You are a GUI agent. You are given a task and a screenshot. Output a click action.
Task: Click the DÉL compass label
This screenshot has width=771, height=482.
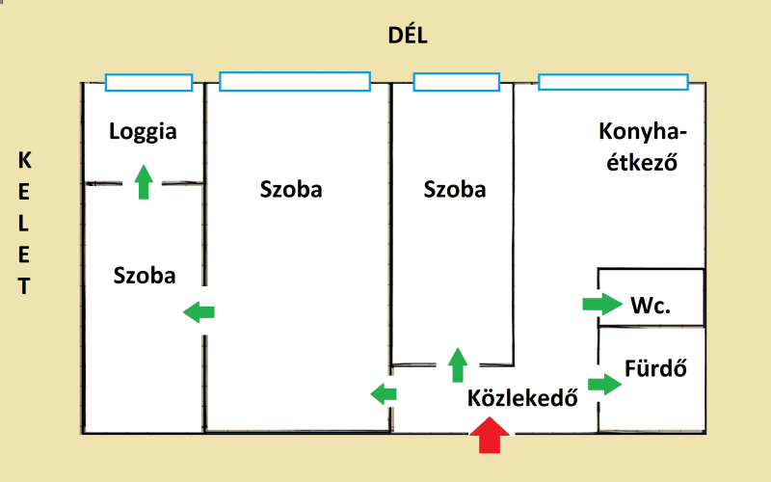pos(407,37)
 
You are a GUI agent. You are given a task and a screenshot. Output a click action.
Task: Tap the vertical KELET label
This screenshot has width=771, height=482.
pos(25,222)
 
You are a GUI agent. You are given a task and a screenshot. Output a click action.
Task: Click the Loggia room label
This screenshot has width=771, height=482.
pos(144,131)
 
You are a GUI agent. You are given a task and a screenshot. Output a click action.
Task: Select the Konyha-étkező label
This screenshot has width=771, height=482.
pos(640,146)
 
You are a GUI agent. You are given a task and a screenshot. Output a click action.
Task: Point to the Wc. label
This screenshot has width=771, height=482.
pos(651,307)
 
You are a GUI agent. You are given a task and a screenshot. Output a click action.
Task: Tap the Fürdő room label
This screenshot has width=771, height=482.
pos(654,368)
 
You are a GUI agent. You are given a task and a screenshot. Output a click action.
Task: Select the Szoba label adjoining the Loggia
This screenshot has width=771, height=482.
pos(145,276)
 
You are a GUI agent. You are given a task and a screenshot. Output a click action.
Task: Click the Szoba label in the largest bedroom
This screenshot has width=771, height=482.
pos(291,189)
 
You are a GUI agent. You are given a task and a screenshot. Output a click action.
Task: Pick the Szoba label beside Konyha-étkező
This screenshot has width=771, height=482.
pos(455,189)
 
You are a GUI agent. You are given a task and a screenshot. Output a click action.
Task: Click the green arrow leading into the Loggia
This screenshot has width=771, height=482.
pos(144,181)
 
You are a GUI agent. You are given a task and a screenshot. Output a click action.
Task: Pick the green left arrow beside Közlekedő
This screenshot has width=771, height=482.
pos(384,393)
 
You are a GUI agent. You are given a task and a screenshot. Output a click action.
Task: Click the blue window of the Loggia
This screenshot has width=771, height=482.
pos(148,82)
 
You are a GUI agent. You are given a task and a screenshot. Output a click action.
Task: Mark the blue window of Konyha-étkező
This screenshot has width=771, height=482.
pos(613,82)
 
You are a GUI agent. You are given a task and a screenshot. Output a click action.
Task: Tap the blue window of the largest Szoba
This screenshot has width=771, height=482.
pos(294,82)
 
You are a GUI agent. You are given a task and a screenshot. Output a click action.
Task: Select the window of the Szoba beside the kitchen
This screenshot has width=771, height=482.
pos(456,82)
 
